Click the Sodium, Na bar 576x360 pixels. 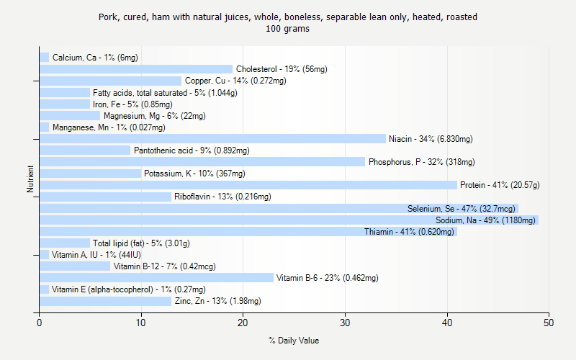(288, 220)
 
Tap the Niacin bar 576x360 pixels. (212, 138)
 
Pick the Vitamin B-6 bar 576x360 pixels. (156, 277)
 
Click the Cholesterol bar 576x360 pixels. (136, 69)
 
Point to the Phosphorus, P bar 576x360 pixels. (202, 161)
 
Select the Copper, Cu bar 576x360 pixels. (110, 81)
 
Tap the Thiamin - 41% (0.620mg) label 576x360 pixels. (409, 231)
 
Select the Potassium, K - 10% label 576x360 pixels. (194, 174)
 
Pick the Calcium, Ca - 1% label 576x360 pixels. (95, 58)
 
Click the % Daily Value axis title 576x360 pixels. (294, 341)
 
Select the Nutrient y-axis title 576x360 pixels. (30, 179)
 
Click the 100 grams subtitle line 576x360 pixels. (288, 29)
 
